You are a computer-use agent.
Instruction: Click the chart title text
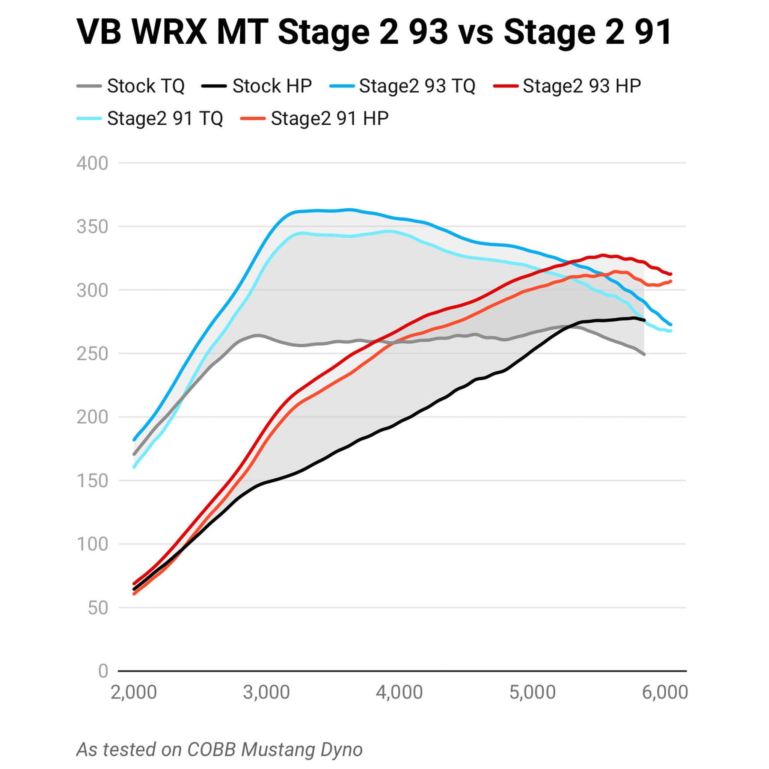point(374,32)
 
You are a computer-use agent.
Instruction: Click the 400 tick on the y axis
point(92,163)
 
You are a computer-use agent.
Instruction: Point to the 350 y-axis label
point(92,227)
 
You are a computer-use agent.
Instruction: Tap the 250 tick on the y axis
point(92,354)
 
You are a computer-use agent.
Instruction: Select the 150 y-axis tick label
point(92,481)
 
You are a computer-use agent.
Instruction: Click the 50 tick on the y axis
point(98,608)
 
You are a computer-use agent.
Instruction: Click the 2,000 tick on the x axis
point(134,692)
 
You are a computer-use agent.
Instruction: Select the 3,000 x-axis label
point(266,692)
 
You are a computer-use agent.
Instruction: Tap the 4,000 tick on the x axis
point(399,692)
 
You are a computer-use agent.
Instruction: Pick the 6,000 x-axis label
point(665,692)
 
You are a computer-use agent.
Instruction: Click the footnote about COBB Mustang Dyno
point(219,749)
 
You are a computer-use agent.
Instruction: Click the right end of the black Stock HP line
point(644,320)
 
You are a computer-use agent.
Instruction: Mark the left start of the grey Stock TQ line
point(134,454)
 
